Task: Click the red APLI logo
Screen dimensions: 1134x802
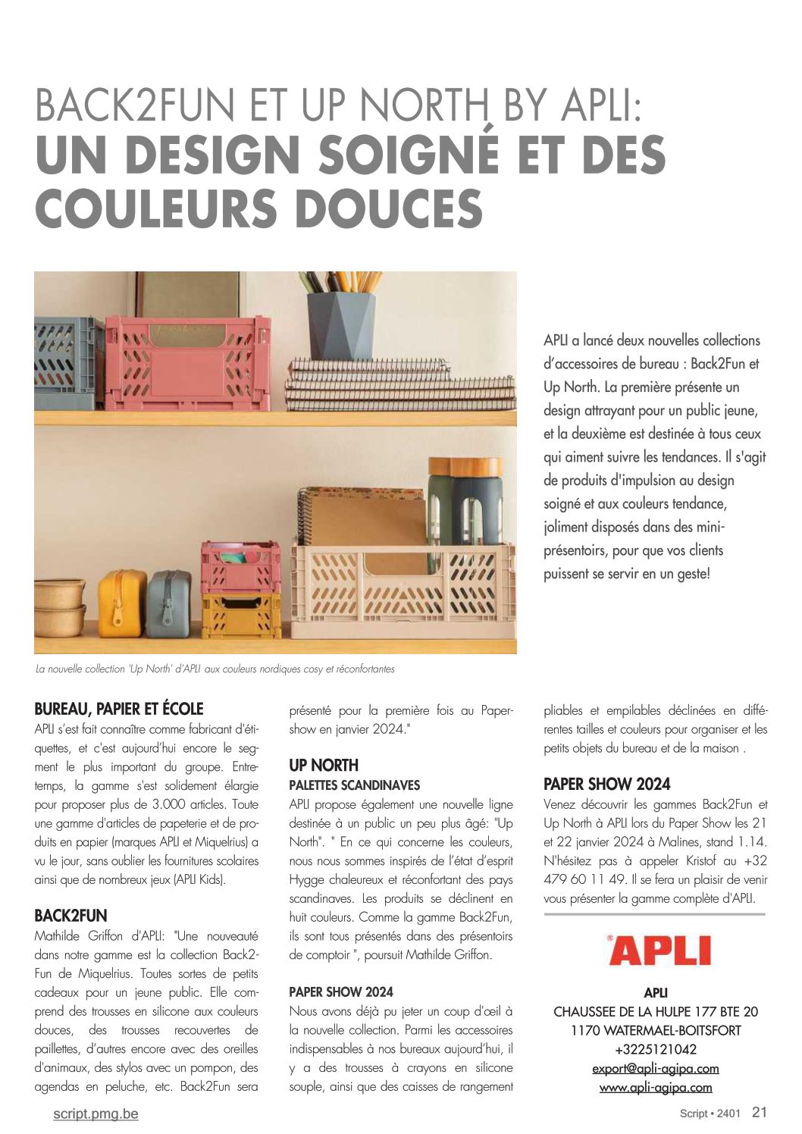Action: [659, 951]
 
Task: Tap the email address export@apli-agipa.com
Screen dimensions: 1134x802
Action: [656, 1068]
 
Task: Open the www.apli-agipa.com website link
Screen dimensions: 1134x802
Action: [656, 1087]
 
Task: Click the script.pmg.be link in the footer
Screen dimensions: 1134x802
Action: [96, 1114]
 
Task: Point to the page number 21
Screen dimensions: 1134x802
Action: [760, 1112]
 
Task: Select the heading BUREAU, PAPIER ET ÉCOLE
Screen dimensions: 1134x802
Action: [119, 709]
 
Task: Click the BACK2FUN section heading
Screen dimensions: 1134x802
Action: [70, 915]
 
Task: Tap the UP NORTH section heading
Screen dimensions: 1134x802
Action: [324, 765]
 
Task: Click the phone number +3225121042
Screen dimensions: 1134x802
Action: [656, 1049]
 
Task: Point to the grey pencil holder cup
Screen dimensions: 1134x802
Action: [341, 325]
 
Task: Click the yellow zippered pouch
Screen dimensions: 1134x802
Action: [121, 603]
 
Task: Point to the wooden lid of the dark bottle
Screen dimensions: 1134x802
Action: [465, 466]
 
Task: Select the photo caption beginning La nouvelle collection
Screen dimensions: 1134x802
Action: [215, 669]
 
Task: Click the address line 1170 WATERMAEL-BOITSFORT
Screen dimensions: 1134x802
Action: [656, 1030]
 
